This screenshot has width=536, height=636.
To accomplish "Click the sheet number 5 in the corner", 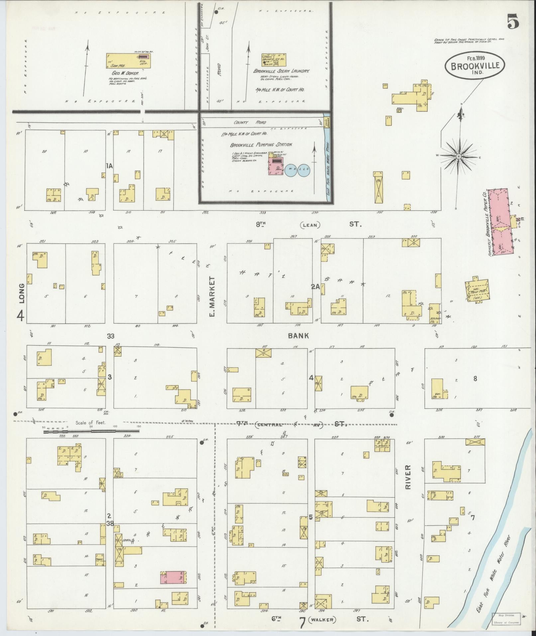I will (x=512, y=23).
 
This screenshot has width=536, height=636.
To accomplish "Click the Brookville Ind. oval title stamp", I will (x=475, y=66).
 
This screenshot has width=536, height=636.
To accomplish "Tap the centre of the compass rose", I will (x=459, y=156).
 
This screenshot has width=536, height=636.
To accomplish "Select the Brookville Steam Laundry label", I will (x=281, y=71).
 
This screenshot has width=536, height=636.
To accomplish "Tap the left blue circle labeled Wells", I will (x=291, y=169).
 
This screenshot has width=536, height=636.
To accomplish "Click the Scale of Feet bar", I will (x=91, y=432).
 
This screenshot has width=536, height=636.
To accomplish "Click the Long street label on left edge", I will (x=22, y=293).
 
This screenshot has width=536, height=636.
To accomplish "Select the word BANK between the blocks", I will (x=298, y=336).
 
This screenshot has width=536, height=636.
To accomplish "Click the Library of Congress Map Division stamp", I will (x=506, y=617).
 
